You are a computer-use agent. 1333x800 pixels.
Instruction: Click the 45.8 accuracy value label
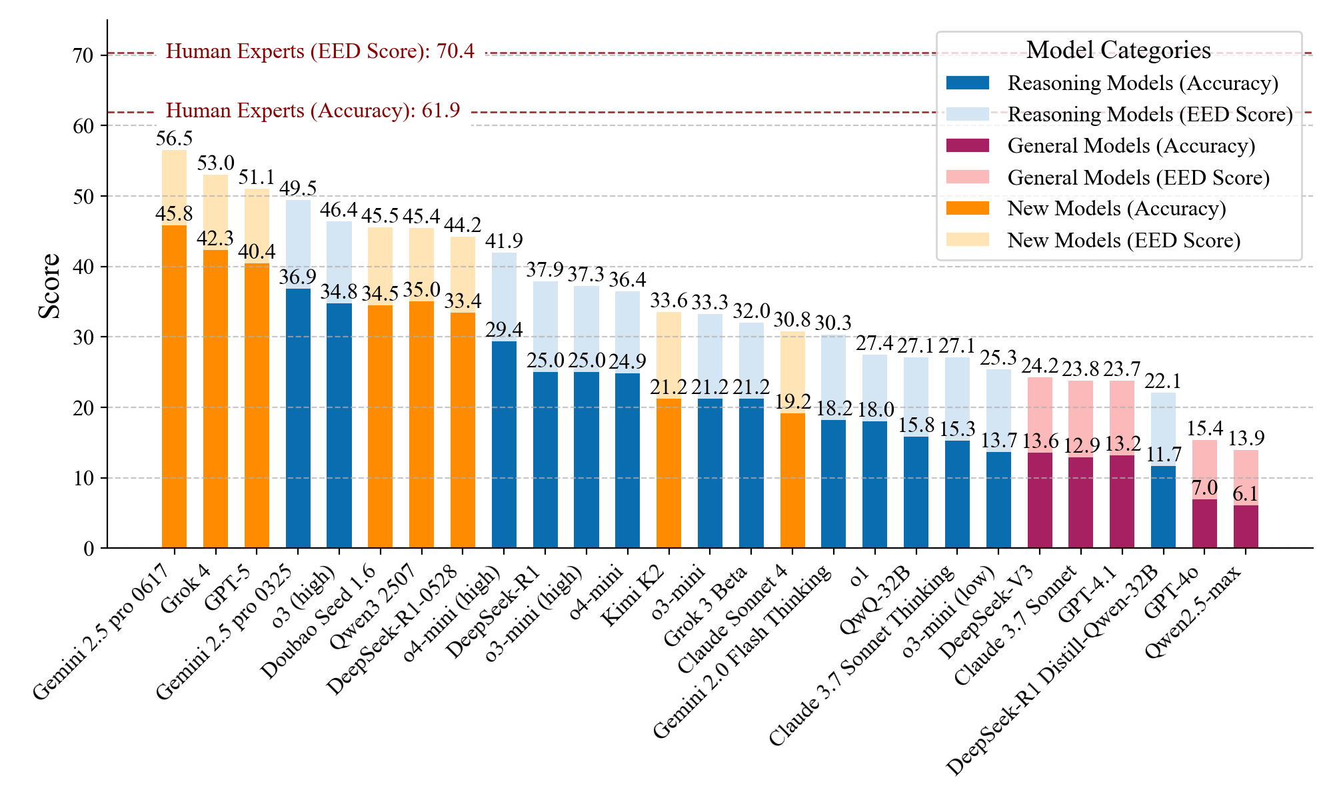[x=174, y=214]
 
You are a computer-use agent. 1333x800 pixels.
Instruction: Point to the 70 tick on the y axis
[x=84, y=55]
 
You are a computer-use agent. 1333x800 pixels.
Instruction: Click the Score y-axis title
[x=49, y=287]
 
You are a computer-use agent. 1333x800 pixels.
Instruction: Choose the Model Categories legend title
[x=1118, y=50]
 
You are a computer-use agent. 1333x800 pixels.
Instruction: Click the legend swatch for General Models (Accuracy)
[x=968, y=145]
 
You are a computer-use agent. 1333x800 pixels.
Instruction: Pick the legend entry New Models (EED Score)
[x=1124, y=240]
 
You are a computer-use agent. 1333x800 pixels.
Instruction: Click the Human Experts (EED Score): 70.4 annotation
[x=320, y=51]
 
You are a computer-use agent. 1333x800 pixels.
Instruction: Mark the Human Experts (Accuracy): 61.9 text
[x=313, y=111]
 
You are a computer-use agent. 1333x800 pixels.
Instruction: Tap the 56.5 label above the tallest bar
[x=174, y=139]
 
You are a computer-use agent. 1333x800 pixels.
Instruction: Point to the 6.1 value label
[x=1246, y=494]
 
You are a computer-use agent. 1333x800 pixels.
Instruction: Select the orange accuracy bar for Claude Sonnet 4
[x=792, y=480]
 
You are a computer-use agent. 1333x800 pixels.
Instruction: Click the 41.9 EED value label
[x=504, y=241]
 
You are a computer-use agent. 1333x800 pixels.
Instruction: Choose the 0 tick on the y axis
[x=89, y=549]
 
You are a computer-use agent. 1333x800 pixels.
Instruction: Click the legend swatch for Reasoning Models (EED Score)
[x=968, y=114]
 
